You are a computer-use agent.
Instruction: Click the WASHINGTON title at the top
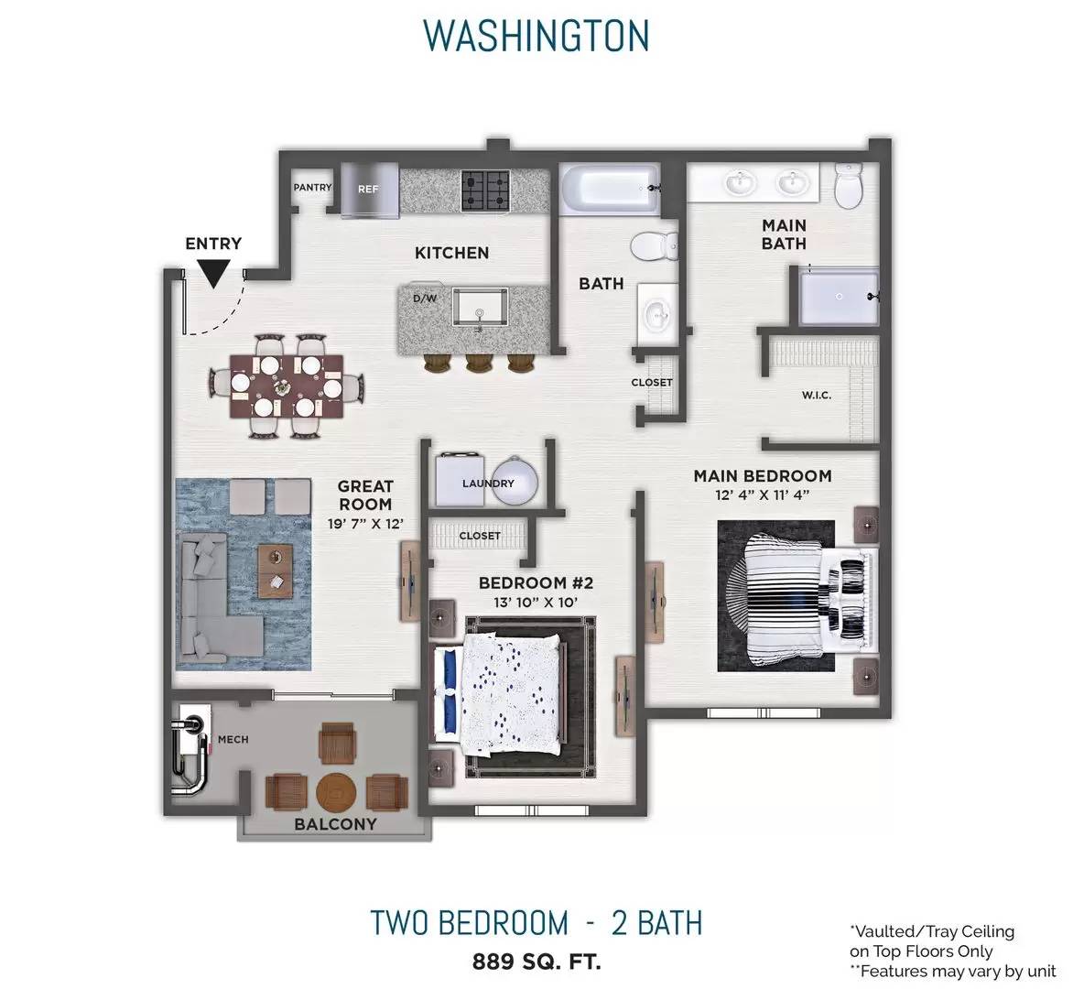[x=536, y=36]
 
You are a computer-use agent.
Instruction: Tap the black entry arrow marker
[x=213, y=275]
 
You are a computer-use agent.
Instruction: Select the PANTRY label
[x=312, y=187]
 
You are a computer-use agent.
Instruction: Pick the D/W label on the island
[x=424, y=299]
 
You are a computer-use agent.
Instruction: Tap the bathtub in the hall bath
[x=610, y=189]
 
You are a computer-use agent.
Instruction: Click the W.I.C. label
[x=817, y=395]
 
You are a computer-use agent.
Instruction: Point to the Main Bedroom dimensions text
[x=763, y=494]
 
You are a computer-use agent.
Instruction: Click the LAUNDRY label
[x=488, y=484]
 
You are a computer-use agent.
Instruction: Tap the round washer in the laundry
[x=515, y=481]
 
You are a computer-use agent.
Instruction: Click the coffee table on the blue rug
[x=275, y=571]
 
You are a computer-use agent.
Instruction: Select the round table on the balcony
[x=336, y=792]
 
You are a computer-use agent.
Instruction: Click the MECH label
[x=233, y=739]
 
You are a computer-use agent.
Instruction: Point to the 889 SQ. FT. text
[x=536, y=962]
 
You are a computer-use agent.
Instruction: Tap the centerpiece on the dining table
[x=283, y=387]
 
